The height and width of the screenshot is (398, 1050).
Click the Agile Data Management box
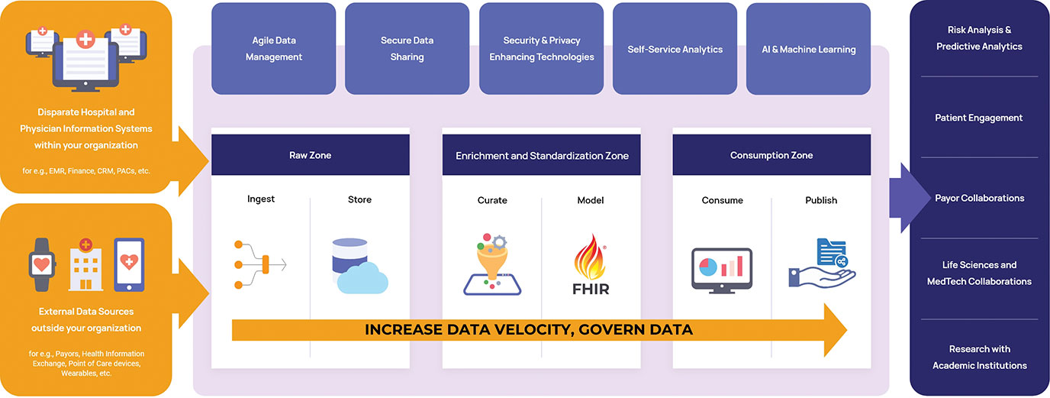tap(274, 48)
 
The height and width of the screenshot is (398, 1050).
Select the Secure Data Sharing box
tap(407, 48)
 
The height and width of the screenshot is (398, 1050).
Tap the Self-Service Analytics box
tap(675, 48)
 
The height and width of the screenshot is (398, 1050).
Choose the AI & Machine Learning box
tap(809, 48)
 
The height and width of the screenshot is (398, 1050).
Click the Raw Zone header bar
tap(311, 155)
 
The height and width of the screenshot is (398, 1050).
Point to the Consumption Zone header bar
tap(771, 155)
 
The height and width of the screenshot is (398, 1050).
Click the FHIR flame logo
tap(591, 265)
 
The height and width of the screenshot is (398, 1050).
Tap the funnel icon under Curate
tap(492, 264)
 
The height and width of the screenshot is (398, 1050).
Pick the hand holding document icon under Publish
tap(822, 263)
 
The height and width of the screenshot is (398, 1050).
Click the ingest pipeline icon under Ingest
tap(260, 265)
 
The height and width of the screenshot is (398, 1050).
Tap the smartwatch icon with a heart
tap(42, 265)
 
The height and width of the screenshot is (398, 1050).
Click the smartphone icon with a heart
tap(130, 265)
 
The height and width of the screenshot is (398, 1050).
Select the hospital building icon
tap(85, 265)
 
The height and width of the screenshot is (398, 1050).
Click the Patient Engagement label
tap(979, 118)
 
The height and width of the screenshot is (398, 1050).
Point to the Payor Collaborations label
tap(979, 198)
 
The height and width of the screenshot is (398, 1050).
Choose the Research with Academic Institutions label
tap(979, 358)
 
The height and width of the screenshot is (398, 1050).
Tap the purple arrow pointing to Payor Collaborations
tap(910, 198)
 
